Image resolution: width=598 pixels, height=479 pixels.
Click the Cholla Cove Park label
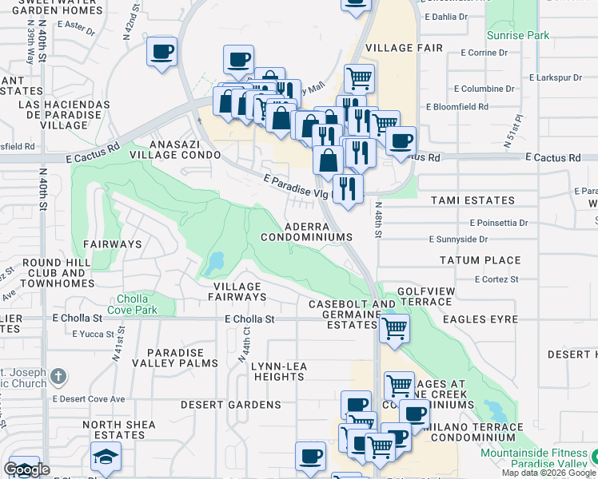tap(140, 304)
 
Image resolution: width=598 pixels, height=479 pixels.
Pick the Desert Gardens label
tap(230, 405)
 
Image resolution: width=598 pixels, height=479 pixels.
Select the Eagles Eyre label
tap(478, 318)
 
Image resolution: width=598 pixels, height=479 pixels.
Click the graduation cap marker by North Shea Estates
tap(106, 458)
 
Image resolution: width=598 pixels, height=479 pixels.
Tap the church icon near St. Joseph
tap(58, 377)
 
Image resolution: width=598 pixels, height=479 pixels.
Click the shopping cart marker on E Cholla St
tap(394, 327)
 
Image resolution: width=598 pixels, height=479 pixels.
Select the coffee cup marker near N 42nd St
tap(162, 53)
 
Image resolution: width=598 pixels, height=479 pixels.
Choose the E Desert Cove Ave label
tap(89, 398)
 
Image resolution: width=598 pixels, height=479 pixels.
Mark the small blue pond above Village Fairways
tap(215, 262)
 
